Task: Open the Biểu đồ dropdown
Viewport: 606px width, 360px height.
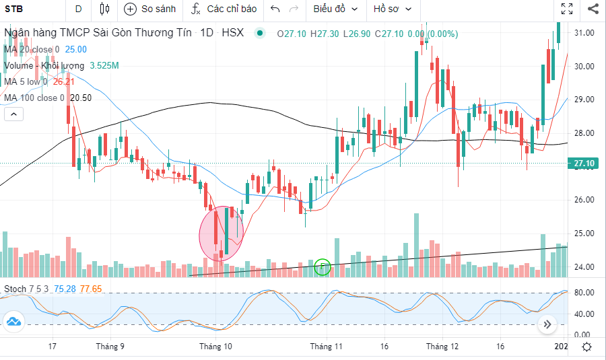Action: (335, 9)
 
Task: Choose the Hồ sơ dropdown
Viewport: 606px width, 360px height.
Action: (391, 9)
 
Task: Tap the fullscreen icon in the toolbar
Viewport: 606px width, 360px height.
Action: (567, 9)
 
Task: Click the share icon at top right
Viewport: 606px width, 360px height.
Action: (593, 9)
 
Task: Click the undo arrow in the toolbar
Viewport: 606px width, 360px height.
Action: (275, 9)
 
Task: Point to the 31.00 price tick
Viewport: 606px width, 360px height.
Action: (583, 33)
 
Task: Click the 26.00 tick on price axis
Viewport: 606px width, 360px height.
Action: (583, 200)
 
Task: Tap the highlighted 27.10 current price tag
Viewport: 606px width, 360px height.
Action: (583, 164)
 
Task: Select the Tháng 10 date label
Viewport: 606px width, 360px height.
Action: (215, 347)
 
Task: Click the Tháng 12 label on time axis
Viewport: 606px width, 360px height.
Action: (442, 347)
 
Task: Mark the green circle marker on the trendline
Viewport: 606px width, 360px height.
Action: (323, 266)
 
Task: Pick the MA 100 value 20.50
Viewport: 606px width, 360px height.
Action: (81, 98)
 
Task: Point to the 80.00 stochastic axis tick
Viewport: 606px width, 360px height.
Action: (583, 293)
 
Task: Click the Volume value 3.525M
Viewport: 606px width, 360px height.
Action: (104, 65)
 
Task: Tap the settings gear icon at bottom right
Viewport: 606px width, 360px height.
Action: (587, 347)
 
